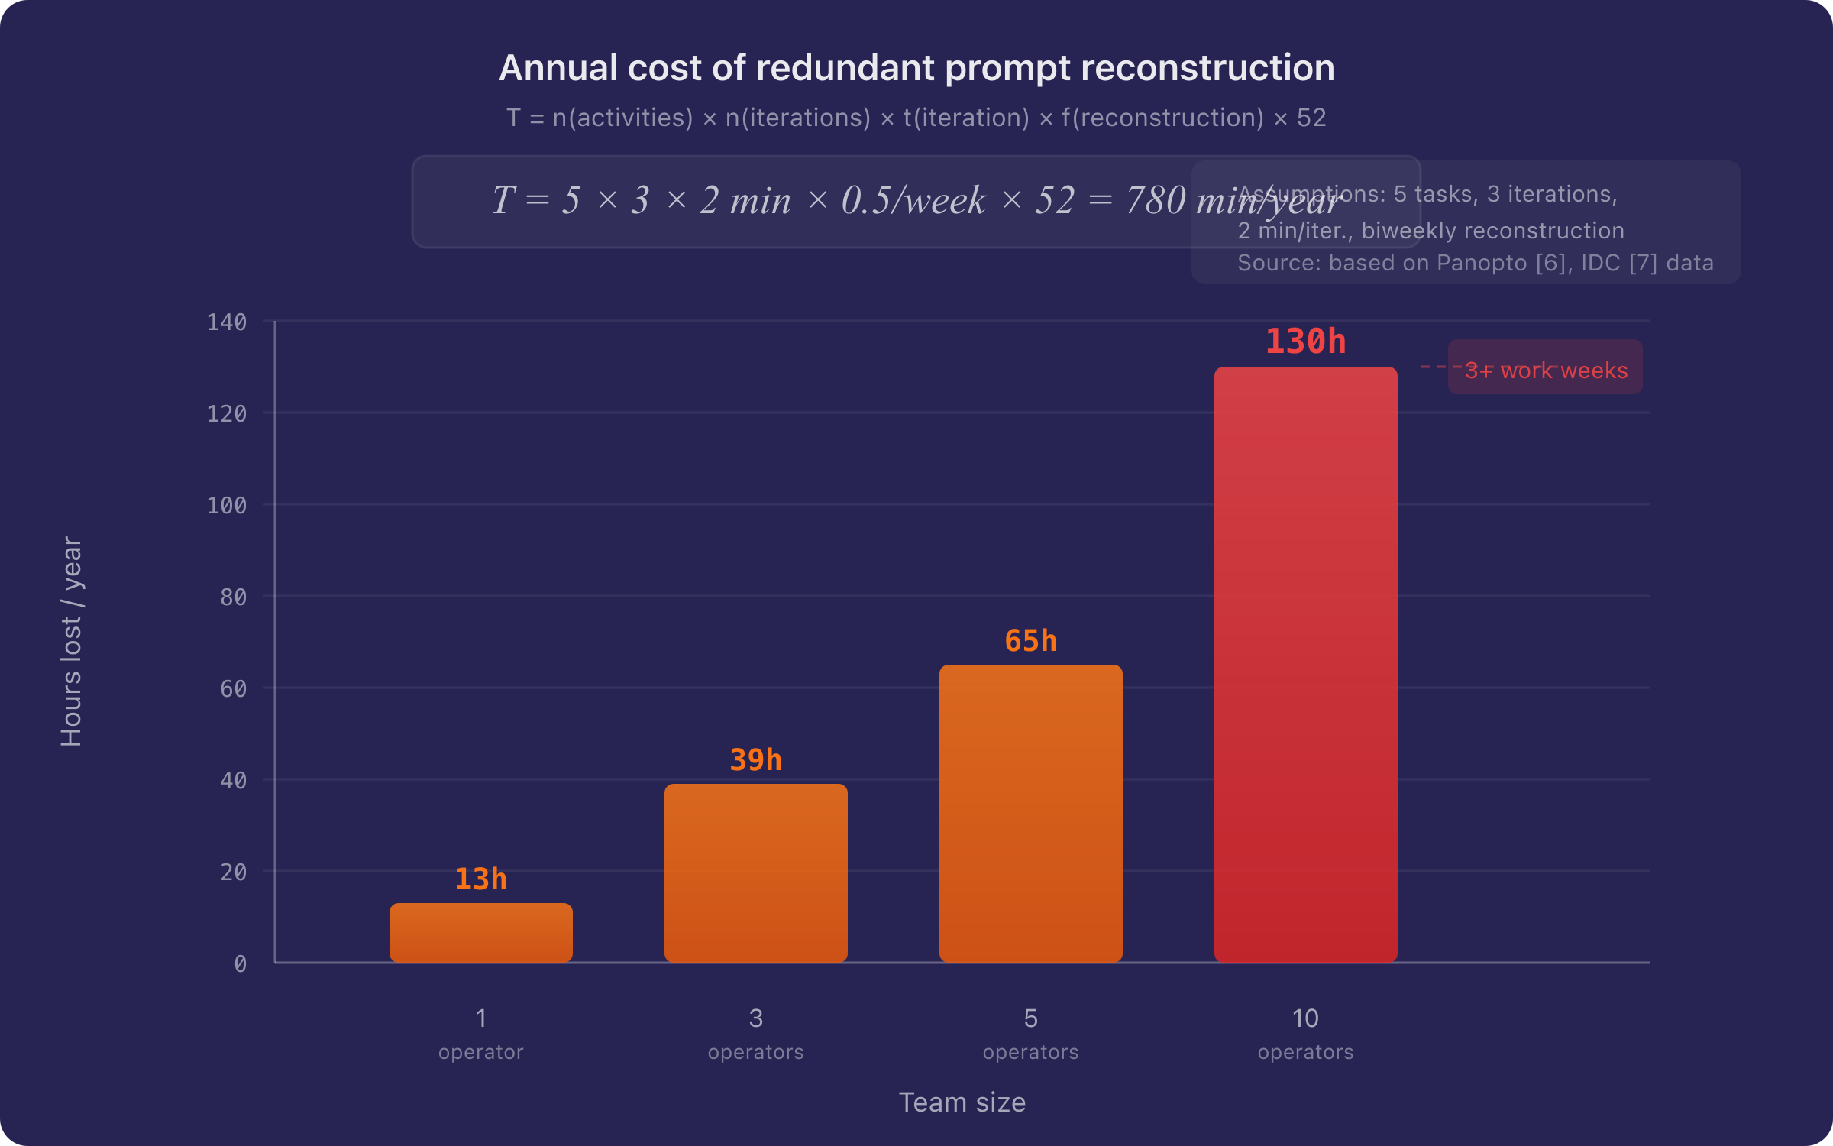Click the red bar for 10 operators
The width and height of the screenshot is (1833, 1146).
[1305, 665]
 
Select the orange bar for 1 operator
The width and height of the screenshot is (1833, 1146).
[480, 932]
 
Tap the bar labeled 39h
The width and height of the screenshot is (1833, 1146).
[755, 872]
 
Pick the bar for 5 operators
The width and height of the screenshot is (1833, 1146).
[1030, 813]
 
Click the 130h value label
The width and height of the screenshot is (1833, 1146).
[1305, 342]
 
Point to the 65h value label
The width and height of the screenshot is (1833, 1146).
[1030, 641]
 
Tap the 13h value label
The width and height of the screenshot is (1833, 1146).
[480, 879]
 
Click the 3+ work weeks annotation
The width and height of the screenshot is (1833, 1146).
[1546, 371]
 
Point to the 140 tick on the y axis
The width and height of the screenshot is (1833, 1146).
[227, 322]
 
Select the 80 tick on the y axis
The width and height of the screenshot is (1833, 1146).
[233, 597]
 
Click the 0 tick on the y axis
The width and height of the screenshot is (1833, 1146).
[240, 964]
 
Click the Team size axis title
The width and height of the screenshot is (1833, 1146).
[962, 1102]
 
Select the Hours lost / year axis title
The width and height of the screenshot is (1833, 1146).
[71, 642]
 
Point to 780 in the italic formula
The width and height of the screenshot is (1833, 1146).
[1156, 200]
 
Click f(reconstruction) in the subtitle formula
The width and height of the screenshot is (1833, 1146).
[1162, 118]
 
